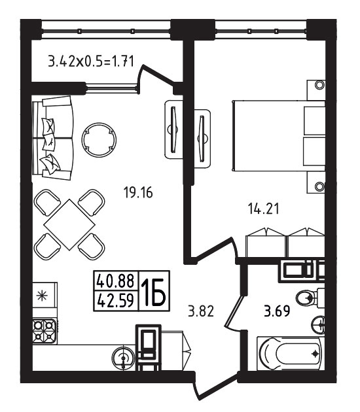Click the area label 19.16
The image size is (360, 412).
click(138, 193)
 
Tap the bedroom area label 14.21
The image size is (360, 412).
click(263, 209)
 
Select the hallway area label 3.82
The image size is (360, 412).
click(201, 311)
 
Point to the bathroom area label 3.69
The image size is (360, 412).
click(277, 311)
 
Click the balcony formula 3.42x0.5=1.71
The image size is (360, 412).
click(91, 61)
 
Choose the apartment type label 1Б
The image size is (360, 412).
click(154, 291)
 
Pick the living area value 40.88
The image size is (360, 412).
click(115, 281)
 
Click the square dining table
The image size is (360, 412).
click(69, 225)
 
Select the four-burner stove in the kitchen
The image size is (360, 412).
click(44, 331)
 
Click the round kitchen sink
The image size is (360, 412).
click(123, 358)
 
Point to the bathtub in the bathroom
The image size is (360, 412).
click(289, 354)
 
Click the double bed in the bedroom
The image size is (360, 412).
click(279, 135)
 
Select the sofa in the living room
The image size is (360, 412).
click(52, 138)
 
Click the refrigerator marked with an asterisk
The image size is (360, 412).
click(45, 296)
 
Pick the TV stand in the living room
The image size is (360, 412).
click(173, 129)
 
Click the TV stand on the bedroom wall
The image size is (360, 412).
click(202, 138)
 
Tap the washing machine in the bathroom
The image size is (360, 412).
click(302, 270)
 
